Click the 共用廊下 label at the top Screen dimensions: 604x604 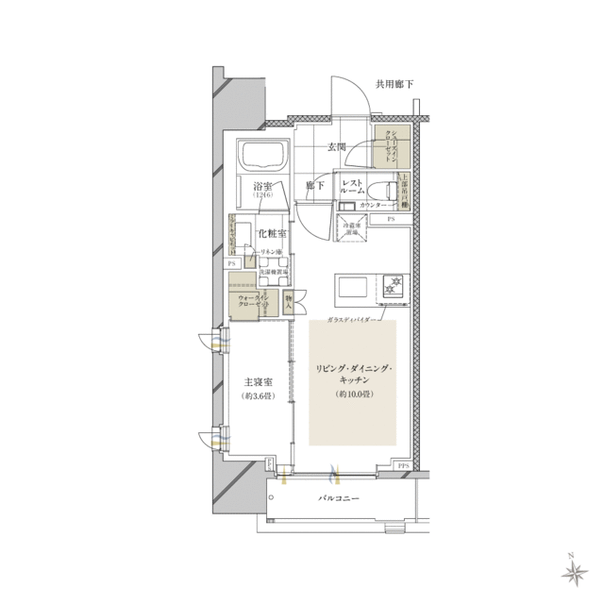tap(394, 85)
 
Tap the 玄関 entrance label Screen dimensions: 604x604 tap(337, 146)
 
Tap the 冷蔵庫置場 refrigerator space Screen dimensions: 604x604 tap(352, 228)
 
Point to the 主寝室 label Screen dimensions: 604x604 tap(258, 382)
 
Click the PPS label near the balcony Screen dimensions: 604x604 tap(402, 466)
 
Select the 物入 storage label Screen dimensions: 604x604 tap(289, 302)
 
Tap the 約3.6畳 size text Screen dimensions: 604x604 tap(258, 397)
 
